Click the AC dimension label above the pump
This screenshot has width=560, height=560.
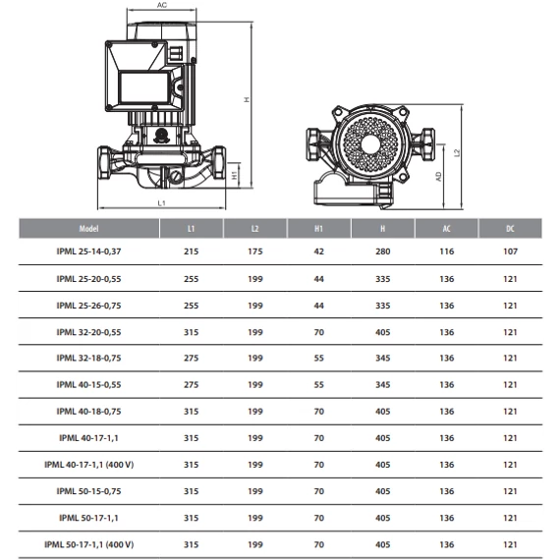coord(162,5)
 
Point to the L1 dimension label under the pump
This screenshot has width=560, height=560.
coord(162,202)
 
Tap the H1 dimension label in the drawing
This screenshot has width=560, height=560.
coord(234,175)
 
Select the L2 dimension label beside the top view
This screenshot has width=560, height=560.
coord(457,152)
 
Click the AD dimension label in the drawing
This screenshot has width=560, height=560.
coord(438,177)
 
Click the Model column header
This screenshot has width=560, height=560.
coord(88,229)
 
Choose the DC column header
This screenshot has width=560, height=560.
coord(510,229)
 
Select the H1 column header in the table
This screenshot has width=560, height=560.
coord(318,229)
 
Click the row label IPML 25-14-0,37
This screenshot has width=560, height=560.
coord(88,252)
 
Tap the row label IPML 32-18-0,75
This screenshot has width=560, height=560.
coord(88,358)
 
